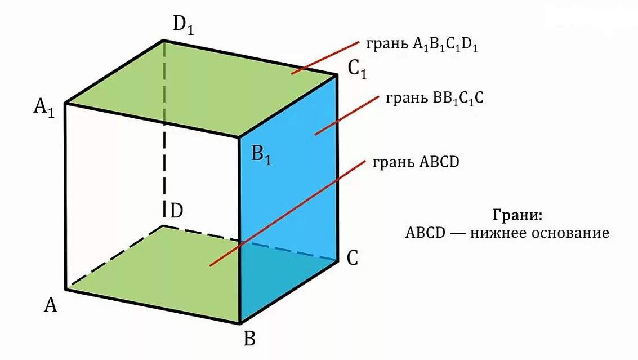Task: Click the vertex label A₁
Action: pyautogui.click(x=44, y=107)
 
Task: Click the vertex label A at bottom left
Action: pyautogui.click(x=51, y=305)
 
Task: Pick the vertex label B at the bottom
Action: pyautogui.click(x=249, y=339)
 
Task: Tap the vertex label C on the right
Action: pyautogui.click(x=353, y=258)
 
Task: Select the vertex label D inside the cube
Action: pyautogui.click(x=176, y=211)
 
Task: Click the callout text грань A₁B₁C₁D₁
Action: pyautogui.click(x=422, y=46)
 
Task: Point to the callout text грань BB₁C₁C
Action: pyautogui.click(x=435, y=98)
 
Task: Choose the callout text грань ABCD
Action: pyautogui.click(x=416, y=162)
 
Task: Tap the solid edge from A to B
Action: pyautogui.click(x=152, y=306)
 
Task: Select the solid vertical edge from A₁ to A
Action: pyautogui.click(x=66, y=197)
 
